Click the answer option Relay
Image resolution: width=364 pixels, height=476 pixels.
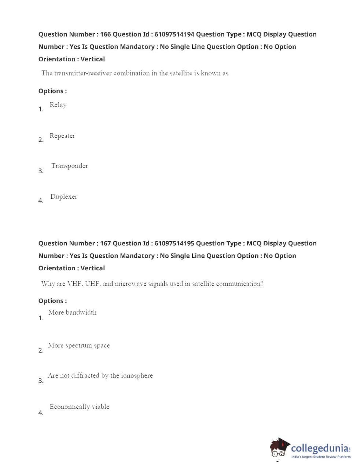click(58, 105)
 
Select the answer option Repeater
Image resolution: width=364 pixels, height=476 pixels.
click(62, 136)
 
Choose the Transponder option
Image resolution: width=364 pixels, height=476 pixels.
click(70, 166)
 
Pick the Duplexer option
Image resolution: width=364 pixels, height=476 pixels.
click(64, 197)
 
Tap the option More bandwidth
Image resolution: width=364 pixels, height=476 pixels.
click(73, 313)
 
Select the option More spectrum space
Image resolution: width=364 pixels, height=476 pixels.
click(79, 346)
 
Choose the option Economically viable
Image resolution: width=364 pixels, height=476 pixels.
click(80, 407)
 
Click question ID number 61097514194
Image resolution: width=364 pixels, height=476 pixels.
click(174, 34)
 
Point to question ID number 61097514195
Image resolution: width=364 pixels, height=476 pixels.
click(174, 243)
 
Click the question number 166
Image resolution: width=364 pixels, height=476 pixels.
click(105, 34)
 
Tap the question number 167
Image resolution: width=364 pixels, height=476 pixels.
click(105, 243)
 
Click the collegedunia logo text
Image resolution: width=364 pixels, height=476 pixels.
click(320, 448)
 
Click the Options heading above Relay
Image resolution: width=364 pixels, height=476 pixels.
click(52, 91)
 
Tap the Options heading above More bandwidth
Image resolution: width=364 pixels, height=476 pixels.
click(52, 301)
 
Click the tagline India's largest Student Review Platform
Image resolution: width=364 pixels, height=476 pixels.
click(321, 457)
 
